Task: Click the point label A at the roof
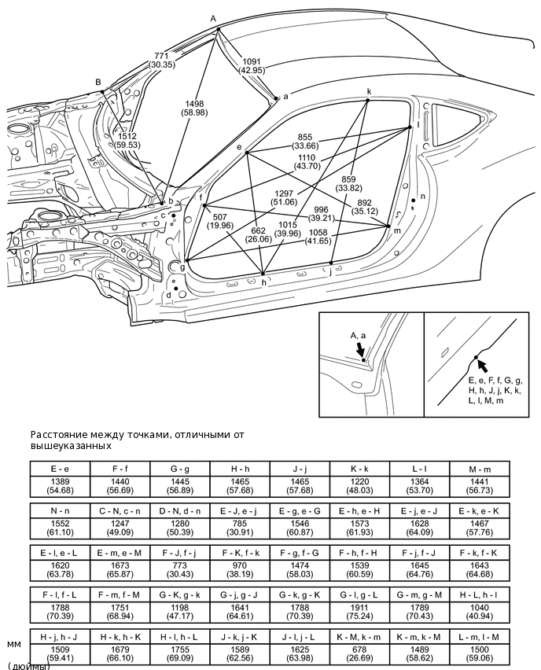[212, 18]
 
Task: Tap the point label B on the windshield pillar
[98, 82]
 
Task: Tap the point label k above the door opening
[369, 91]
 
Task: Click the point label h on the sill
[263, 282]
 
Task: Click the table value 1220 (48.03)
[359, 484]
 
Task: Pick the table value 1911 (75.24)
[359, 610]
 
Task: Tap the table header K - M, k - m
[359, 635]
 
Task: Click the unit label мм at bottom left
[14, 642]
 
